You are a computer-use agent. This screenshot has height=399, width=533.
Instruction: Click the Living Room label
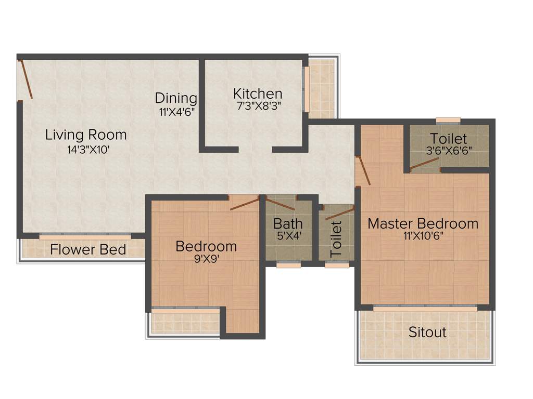86,135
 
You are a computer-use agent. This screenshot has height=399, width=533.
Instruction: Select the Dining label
176,98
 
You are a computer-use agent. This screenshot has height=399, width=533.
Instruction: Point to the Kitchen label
258,94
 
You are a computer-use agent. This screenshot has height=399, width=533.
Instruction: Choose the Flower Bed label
88,250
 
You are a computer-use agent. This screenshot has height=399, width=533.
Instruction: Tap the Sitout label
427,332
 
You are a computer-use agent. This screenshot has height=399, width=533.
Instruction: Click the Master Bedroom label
423,224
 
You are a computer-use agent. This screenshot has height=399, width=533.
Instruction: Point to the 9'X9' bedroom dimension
206,258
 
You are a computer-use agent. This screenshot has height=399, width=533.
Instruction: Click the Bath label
288,224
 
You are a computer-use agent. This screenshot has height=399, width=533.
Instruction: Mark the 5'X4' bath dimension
288,236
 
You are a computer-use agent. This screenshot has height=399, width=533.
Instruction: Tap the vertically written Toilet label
336,238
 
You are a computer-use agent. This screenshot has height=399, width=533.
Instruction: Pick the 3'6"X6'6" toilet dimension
448,153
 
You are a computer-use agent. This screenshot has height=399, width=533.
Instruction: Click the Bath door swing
281,203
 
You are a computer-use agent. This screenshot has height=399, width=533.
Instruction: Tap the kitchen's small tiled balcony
321,88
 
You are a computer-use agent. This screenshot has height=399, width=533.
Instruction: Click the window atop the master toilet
448,121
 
